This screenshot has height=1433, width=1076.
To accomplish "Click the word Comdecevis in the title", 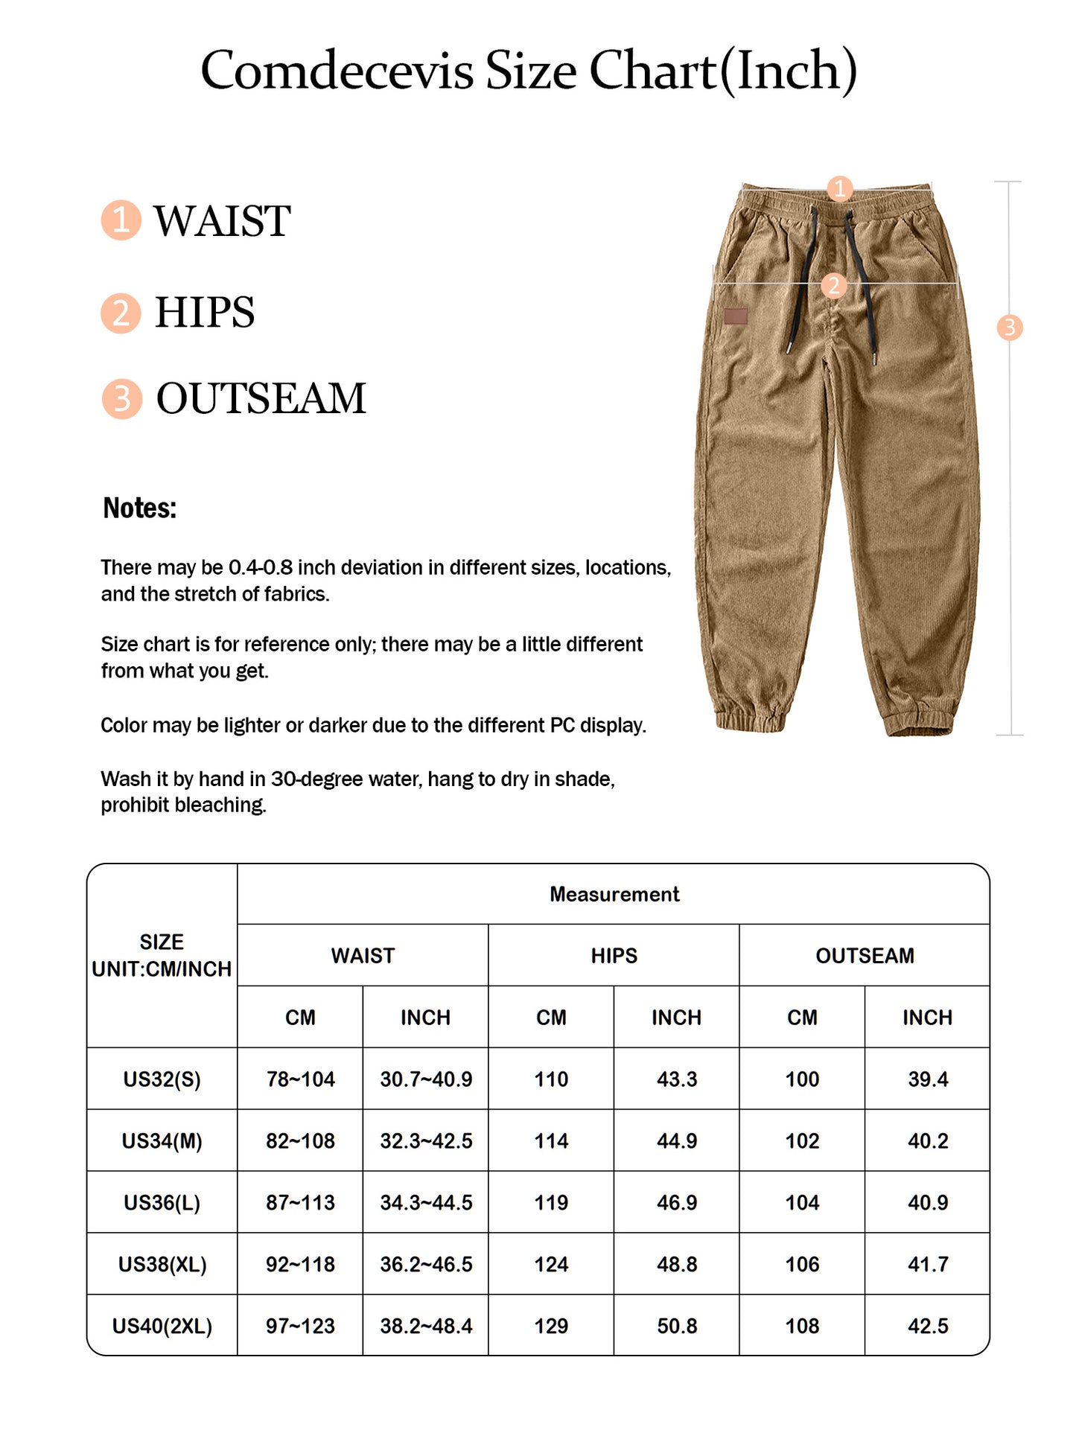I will [x=337, y=71].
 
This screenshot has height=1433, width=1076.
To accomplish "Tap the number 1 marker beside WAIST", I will [x=121, y=220].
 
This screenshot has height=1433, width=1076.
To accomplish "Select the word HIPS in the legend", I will [x=205, y=312].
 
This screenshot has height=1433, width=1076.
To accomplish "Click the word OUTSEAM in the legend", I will [x=261, y=398].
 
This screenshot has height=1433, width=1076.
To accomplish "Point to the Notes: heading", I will [x=139, y=508].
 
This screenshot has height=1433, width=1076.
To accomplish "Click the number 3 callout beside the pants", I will [x=1009, y=327].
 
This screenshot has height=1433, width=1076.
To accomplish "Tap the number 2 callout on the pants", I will [x=833, y=285].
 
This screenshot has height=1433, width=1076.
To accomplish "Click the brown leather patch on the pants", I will [x=736, y=316].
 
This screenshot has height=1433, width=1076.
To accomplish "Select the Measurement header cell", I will [x=614, y=894].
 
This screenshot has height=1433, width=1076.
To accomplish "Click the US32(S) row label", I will [x=162, y=1079].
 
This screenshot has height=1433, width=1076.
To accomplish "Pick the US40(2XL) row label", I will [x=162, y=1326].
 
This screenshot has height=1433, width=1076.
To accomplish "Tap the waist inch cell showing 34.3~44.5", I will [x=426, y=1202].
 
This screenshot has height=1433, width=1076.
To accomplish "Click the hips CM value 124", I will [x=551, y=1264].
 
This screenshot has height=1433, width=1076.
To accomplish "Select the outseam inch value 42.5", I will [x=928, y=1326].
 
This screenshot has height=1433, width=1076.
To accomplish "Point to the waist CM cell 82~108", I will [x=300, y=1141].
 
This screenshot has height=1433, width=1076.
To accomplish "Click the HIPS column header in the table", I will [x=614, y=956].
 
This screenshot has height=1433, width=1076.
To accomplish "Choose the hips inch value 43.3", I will [x=676, y=1079].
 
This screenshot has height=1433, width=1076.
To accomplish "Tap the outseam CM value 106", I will [x=802, y=1264].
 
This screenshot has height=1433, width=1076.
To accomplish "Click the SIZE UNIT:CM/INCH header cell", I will [x=162, y=956].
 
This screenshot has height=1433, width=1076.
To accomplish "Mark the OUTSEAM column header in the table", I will [x=865, y=956].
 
